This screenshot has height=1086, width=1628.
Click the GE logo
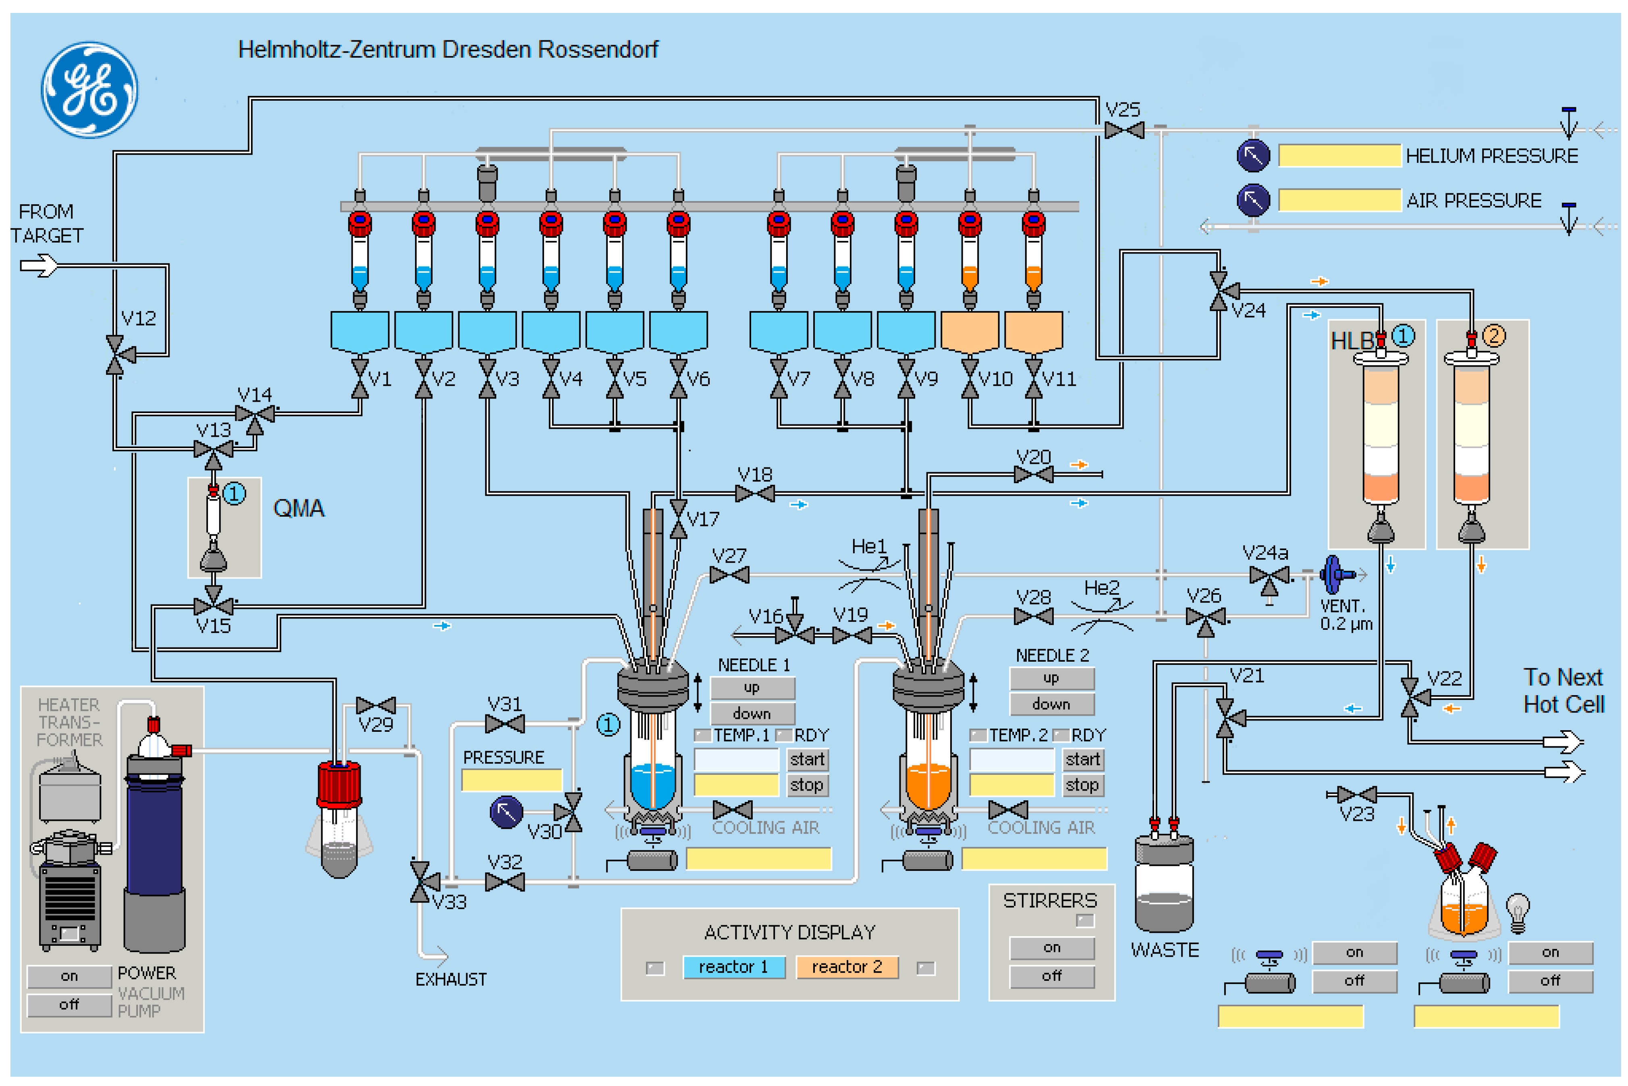[x=89, y=90]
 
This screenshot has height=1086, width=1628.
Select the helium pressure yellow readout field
[x=1339, y=155]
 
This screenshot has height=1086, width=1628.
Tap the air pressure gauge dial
[x=1253, y=200]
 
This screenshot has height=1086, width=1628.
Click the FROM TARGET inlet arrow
[x=39, y=265]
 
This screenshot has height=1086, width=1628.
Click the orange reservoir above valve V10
[x=970, y=331]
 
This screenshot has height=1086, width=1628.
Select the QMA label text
[x=299, y=509]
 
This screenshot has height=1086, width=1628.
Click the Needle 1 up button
[x=752, y=688]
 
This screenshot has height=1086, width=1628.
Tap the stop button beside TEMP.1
[x=807, y=785]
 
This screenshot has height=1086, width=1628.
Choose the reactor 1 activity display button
[x=733, y=967]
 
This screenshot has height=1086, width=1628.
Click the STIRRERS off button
[x=1051, y=976]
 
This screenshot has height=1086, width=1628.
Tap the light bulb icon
[x=1517, y=913]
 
